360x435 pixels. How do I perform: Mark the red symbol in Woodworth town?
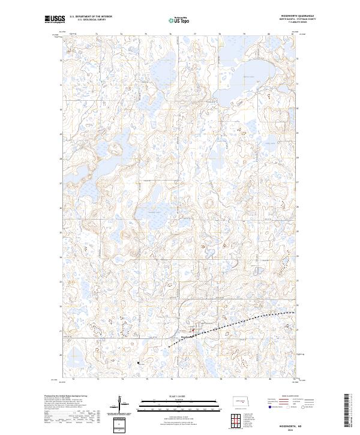[x=193, y=329]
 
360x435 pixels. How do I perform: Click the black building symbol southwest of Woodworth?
[x=139, y=362]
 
